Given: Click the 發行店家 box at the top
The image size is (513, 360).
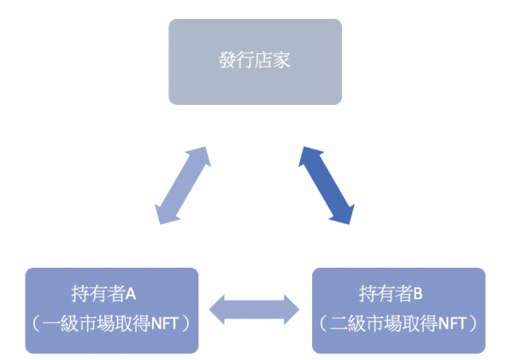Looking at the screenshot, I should pos(255,62).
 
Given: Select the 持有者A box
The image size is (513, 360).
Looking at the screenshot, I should pos(112,310).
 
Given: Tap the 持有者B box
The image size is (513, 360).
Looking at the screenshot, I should pos(398,310).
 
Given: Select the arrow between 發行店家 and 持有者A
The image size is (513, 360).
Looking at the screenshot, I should pos(183,186).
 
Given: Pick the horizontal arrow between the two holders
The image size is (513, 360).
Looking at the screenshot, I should pos(255,310).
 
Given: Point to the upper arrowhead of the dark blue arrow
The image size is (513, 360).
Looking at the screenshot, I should pos(305,154).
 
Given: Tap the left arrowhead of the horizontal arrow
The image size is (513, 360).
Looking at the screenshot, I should pos(217,310).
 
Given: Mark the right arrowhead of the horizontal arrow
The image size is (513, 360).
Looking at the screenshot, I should pos(293,310).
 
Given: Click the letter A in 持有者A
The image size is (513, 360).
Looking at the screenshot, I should pos(133,295).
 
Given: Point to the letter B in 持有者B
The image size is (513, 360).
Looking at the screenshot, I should pos(419,295).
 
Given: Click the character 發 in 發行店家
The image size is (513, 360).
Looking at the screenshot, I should pos(227,62).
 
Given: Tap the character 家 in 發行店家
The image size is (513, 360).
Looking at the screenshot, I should pos(283,62).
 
